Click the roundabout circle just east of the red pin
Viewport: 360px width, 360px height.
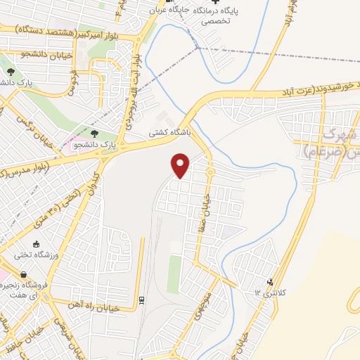210,172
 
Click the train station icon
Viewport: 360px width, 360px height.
141,300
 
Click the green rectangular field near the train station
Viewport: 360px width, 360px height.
174,274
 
